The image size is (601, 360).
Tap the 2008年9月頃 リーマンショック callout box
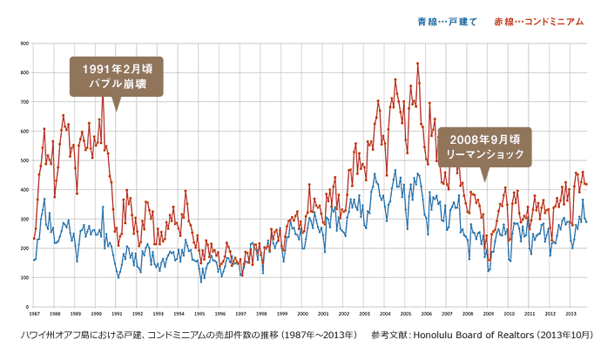coord(484,145)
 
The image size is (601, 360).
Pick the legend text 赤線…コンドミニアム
coord(538,22)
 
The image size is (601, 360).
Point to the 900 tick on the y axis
coord(24,43)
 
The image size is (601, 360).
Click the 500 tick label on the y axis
coord(24,160)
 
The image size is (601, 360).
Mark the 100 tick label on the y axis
coord(24,278)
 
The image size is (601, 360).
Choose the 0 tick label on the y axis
coord(27,307)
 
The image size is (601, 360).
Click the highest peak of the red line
coord(417,63)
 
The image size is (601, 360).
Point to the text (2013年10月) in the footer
coord(561,335)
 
